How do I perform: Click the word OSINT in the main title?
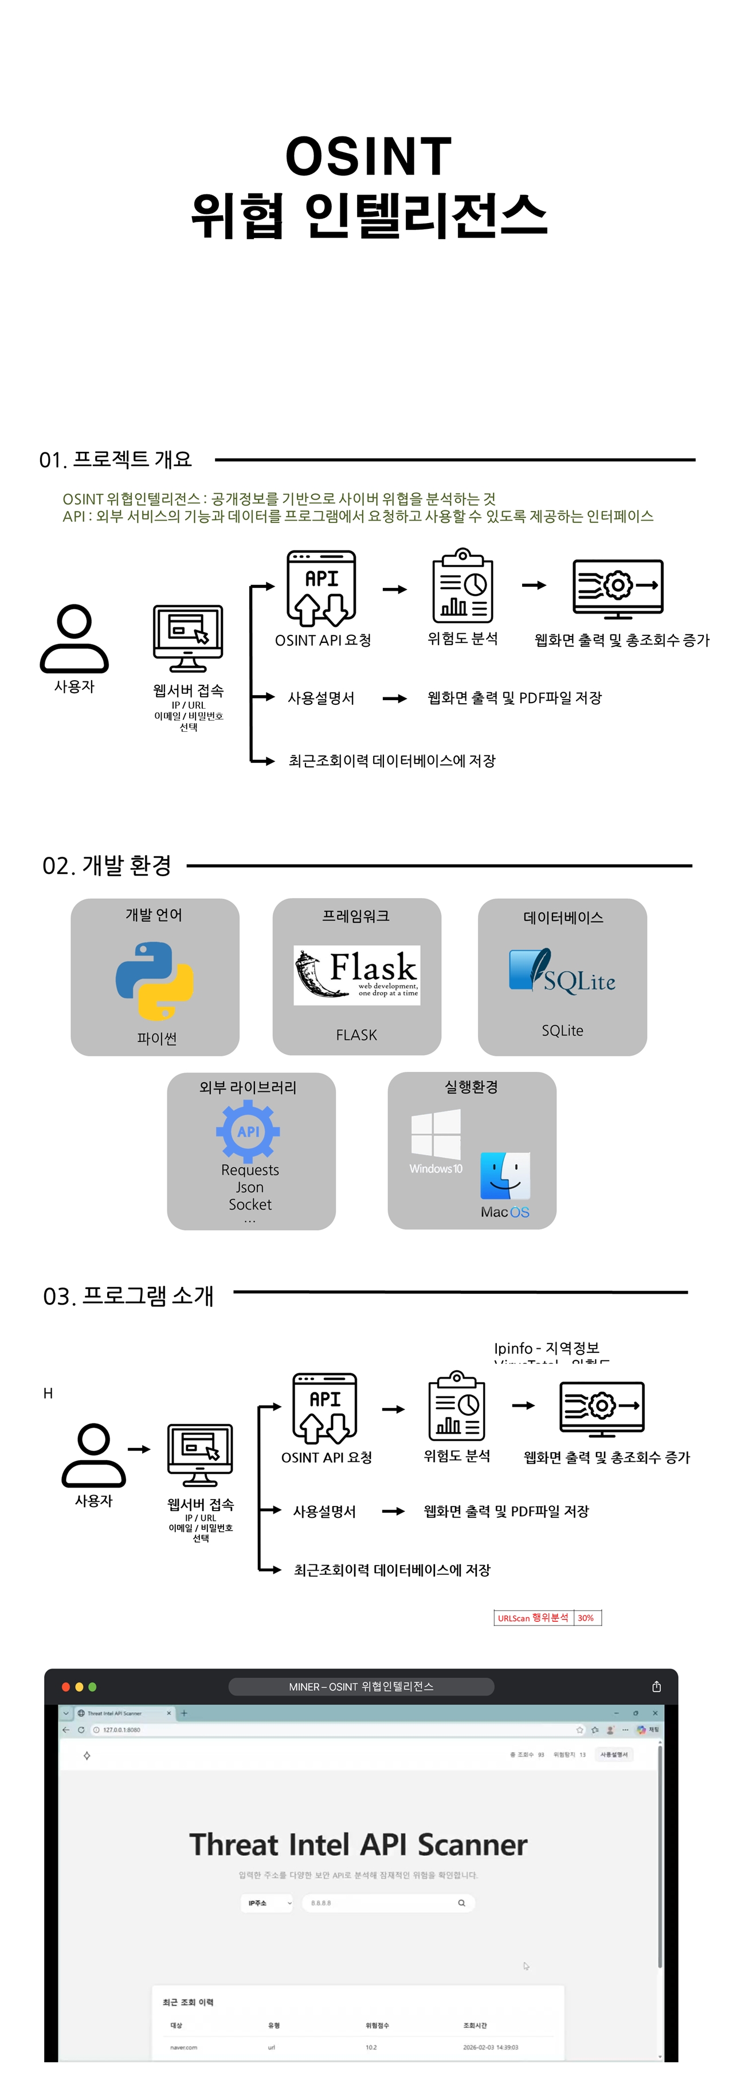coord(368,157)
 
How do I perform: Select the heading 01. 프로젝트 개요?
coord(116,459)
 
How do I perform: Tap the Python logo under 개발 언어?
coord(155,981)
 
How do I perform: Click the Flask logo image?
coord(357,974)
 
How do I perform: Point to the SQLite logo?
coord(562,973)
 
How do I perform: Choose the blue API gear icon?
coord(248,1131)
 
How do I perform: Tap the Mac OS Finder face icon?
coord(505,1176)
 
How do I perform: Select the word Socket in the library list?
coord(250,1204)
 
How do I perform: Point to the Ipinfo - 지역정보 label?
coord(546,1348)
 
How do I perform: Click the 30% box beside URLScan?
coord(586,1617)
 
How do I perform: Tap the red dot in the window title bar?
coord(66,1687)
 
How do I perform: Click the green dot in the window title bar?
coord(93,1687)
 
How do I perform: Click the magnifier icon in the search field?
coord(461,1903)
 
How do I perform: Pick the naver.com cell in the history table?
coord(183,2047)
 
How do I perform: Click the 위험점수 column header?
coord(377,2025)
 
